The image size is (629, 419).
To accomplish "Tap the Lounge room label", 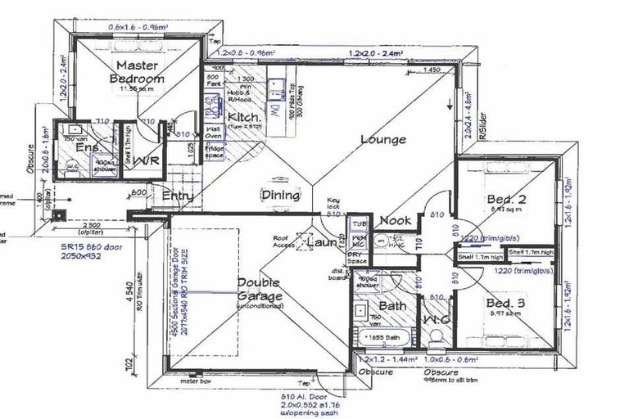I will click(383, 139).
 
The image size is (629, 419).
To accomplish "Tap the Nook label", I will click(395, 220).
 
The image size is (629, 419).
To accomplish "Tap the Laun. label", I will click(322, 243).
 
